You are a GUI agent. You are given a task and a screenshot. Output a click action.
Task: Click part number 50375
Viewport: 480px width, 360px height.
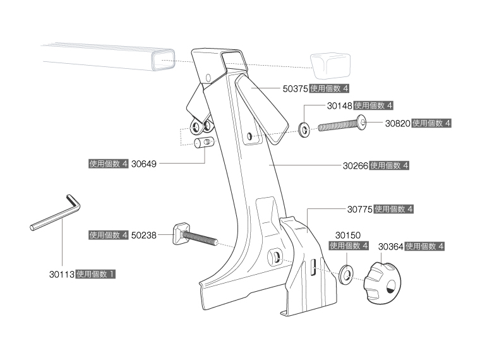[295, 89]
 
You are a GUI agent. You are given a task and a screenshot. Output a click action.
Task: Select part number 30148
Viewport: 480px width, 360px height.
[340, 105]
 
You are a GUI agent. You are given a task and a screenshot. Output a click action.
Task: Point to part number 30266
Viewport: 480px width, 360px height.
[356, 165]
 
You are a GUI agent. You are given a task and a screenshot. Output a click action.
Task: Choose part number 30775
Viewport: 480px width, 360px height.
[360, 208]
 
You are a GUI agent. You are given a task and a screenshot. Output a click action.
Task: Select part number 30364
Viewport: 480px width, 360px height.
[391, 246]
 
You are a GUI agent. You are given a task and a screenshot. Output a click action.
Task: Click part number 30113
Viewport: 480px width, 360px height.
[61, 275]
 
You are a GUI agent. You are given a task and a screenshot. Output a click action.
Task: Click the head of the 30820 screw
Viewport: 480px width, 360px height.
[363, 123]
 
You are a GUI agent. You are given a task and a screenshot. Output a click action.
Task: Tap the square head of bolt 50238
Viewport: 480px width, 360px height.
[179, 233]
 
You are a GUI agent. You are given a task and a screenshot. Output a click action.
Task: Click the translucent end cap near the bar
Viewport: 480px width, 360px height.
[330, 64]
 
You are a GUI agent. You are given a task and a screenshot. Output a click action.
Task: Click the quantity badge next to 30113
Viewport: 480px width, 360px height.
[95, 275]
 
